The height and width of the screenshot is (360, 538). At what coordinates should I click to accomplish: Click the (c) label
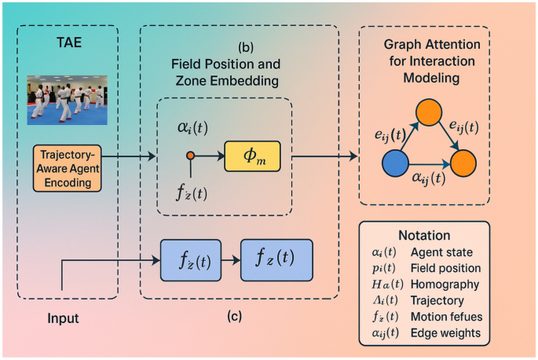[233, 317]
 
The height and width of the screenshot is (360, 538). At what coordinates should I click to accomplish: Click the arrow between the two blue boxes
[229, 258]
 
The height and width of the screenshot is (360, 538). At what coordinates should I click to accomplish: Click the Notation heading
[425, 235]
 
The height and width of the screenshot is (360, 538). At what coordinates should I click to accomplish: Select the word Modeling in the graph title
[425, 79]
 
